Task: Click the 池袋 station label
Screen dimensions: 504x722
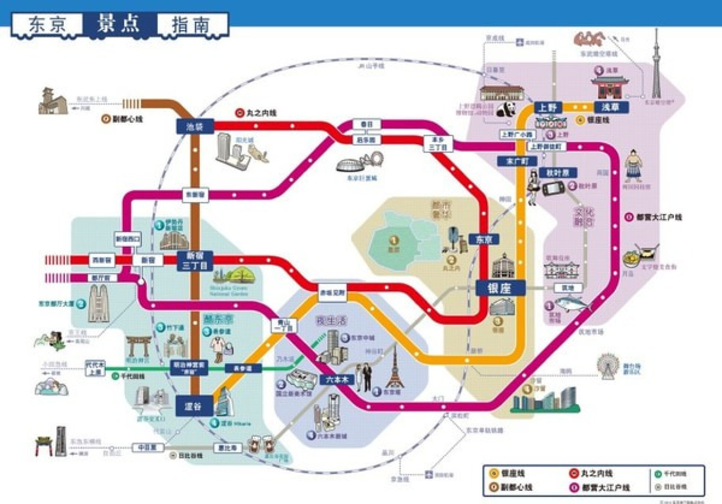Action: pos(195,127)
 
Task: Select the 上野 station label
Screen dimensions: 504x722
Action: pos(547,108)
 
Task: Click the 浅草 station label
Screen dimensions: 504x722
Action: pos(610,107)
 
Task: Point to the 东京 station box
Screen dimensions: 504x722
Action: pos(484,240)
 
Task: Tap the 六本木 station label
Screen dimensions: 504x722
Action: pos(337,379)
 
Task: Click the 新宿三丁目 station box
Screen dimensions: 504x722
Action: pos(195,260)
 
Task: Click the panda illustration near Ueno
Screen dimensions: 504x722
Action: pos(507,109)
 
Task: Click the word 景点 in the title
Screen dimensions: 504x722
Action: pos(118,24)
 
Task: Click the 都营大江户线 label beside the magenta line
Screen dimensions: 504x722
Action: pos(659,217)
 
